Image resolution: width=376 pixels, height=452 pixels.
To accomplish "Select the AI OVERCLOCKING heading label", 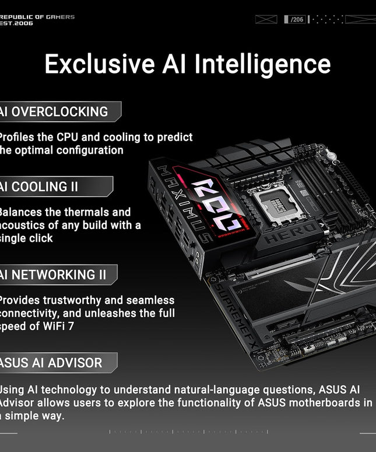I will point(55,112).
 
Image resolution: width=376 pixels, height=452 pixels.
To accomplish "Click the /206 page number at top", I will point(297,19).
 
